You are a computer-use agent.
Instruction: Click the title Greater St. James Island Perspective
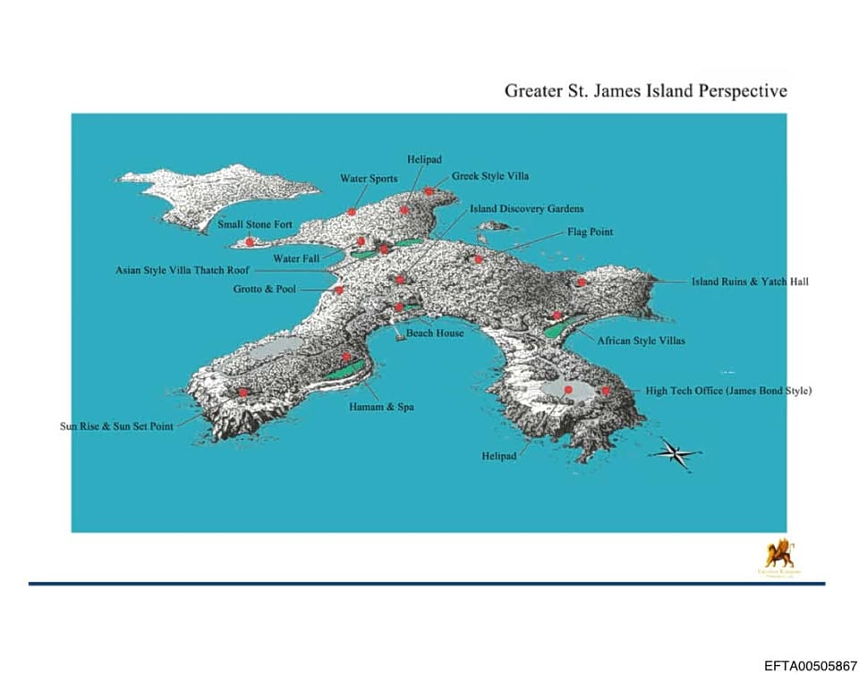[645, 91]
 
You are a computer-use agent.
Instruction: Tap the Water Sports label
[369, 179]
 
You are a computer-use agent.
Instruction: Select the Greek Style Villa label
[490, 176]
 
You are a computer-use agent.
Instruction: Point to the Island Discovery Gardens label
[527, 209]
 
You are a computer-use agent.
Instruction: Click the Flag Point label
[591, 232]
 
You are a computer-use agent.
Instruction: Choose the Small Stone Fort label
[255, 225]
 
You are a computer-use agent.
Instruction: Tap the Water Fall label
[296, 258]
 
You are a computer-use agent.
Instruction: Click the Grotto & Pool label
[265, 290]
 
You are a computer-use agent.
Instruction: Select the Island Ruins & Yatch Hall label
[750, 282]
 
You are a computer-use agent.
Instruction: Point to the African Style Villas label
[642, 341]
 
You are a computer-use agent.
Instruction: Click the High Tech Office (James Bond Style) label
[728, 391]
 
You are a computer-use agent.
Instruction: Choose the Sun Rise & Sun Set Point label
[117, 426]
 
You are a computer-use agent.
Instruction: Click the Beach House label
[435, 333]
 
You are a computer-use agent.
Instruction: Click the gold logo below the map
[778, 555]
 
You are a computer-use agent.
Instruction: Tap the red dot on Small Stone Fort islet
[250, 242]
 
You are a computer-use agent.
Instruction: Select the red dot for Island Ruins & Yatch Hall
[582, 282]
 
